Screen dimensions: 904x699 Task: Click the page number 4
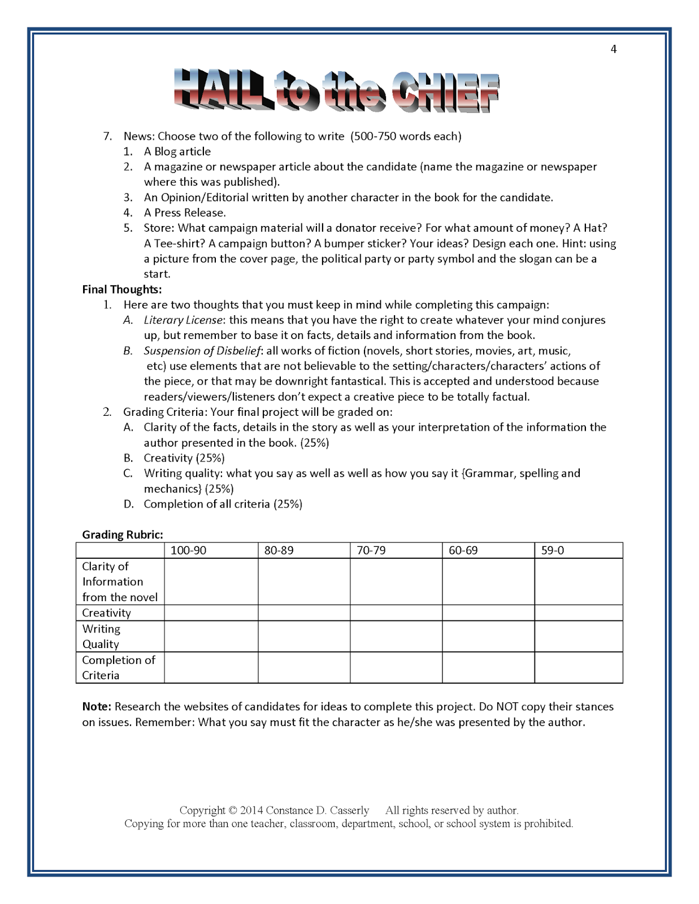[x=613, y=49]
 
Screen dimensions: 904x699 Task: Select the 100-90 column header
[x=188, y=550]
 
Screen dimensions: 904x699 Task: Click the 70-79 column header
[x=371, y=550]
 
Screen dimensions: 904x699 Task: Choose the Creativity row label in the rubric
[x=106, y=613]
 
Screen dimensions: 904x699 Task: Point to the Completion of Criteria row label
[x=118, y=667]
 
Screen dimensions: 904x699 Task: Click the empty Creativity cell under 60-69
[x=488, y=613]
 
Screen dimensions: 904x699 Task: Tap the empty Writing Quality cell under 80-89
[x=303, y=636]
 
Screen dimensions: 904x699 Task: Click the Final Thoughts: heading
[x=121, y=289]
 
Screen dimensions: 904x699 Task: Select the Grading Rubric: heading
[x=122, y=534]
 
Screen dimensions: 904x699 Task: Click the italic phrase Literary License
[x=183, y=320]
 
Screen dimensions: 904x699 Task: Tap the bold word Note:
[x=97, y=706]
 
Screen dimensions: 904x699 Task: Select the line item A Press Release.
[x=184, y=213]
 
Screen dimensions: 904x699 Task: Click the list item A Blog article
[x=177, y=151]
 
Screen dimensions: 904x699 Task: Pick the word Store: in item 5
[x=159, y=228]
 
